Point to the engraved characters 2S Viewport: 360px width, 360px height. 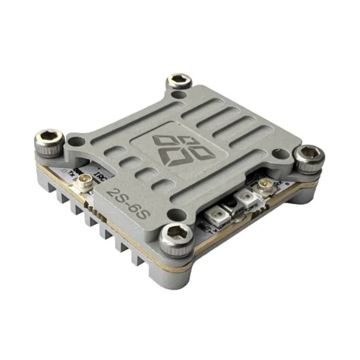(x=114, y=195)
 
